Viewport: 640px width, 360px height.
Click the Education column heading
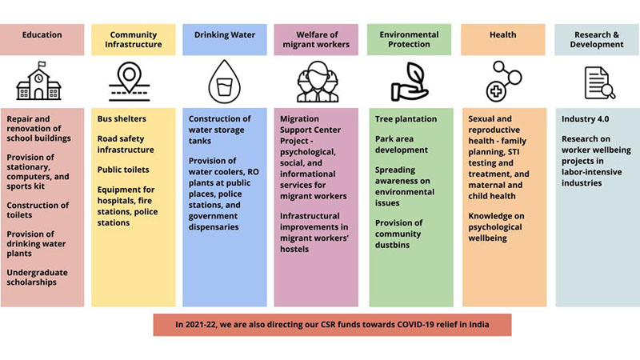click(x=42, y=35)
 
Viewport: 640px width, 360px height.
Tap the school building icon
click(x=42, y=81)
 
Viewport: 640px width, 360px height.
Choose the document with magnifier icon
click(x=598, y=81)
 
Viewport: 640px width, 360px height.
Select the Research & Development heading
click(x=598, y=39)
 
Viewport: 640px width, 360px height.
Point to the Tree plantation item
click(x=406, y=119)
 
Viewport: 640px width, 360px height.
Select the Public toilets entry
click(x=123, y=170)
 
